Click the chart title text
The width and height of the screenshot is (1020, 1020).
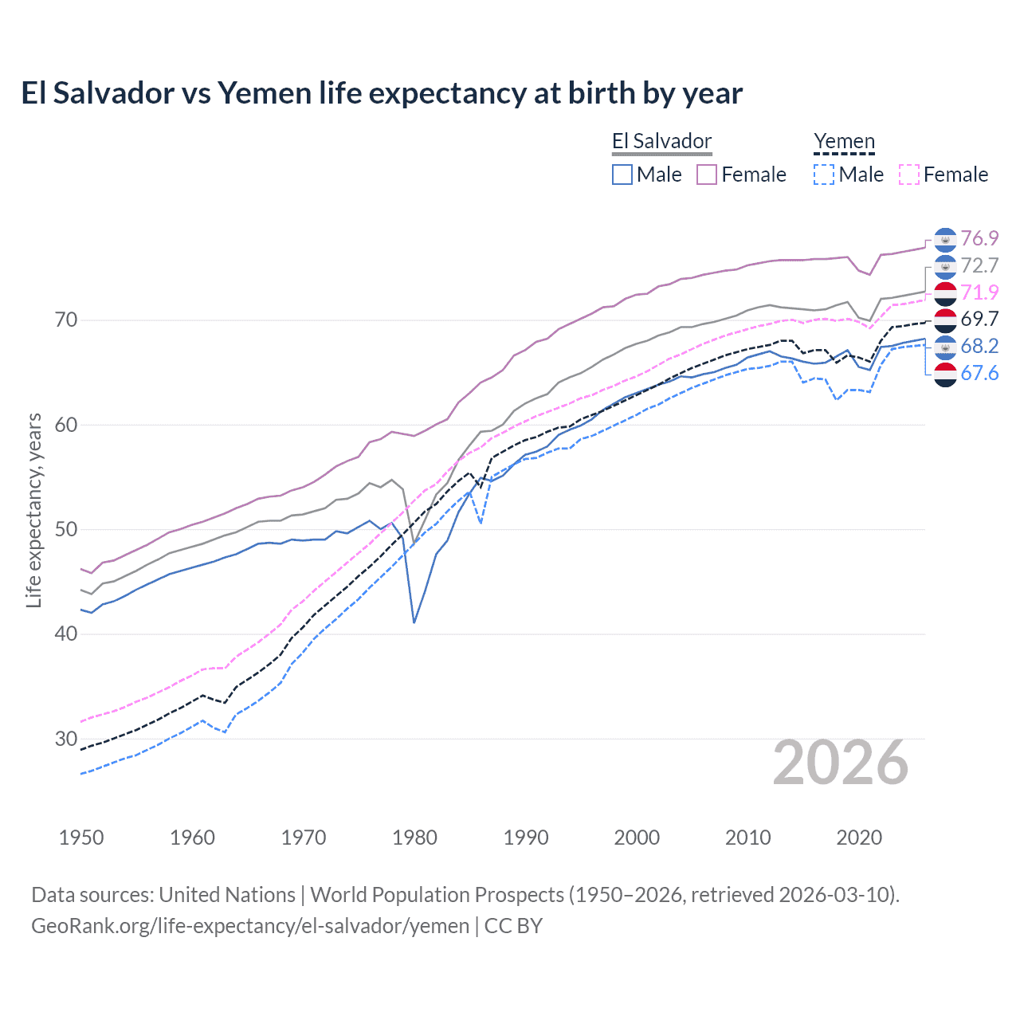[x=382, y=93]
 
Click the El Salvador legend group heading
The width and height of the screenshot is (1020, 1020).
[x=661, y=142]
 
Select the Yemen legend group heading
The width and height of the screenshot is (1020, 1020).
[x=844, y=142]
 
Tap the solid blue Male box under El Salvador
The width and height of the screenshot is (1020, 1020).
[x=622, y=175]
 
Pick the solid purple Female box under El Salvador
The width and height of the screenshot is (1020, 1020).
[x=707, y=175]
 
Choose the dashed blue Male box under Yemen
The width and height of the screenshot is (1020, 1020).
[x=824, y=175]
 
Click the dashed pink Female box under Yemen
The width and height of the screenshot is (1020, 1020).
[x=909, y=175]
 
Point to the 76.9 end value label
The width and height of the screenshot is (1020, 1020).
[x=979, y=238]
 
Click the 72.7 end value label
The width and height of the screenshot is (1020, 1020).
[x=979, y=265]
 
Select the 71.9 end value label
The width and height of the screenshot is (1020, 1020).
[x=979, y=292]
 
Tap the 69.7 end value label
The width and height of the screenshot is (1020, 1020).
[x=979, y=319]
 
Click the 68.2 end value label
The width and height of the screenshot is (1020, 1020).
[x=979, y=346]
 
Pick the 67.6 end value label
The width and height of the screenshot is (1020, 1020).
[x=979, y=373]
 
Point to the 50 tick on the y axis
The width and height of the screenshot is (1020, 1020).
[x=66, y=529]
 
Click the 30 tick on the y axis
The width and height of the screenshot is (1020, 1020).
[x=66, y=739]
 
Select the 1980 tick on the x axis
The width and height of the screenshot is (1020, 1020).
[x=414, y=838]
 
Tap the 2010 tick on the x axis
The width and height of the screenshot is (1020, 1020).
[x=747, y=838]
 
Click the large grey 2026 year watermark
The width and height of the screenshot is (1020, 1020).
[x=840, y=763]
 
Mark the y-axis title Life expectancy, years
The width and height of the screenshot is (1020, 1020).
[x=33, y=510]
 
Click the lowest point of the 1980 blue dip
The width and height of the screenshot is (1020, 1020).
[x=414, y=622]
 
